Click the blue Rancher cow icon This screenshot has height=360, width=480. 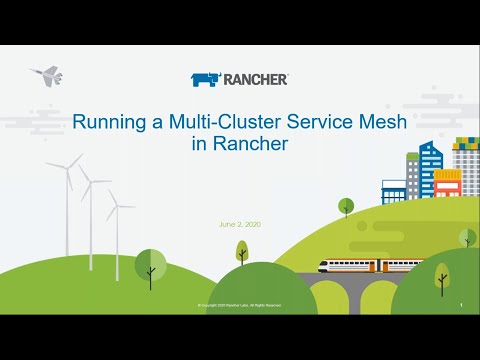point(205,79)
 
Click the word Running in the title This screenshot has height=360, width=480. point(107,122)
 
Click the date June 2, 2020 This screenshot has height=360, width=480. point(240,223)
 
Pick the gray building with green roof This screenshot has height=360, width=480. point(465,165)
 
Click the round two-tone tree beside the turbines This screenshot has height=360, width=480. point(150,265)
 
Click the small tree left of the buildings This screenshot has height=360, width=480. point(346,206)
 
